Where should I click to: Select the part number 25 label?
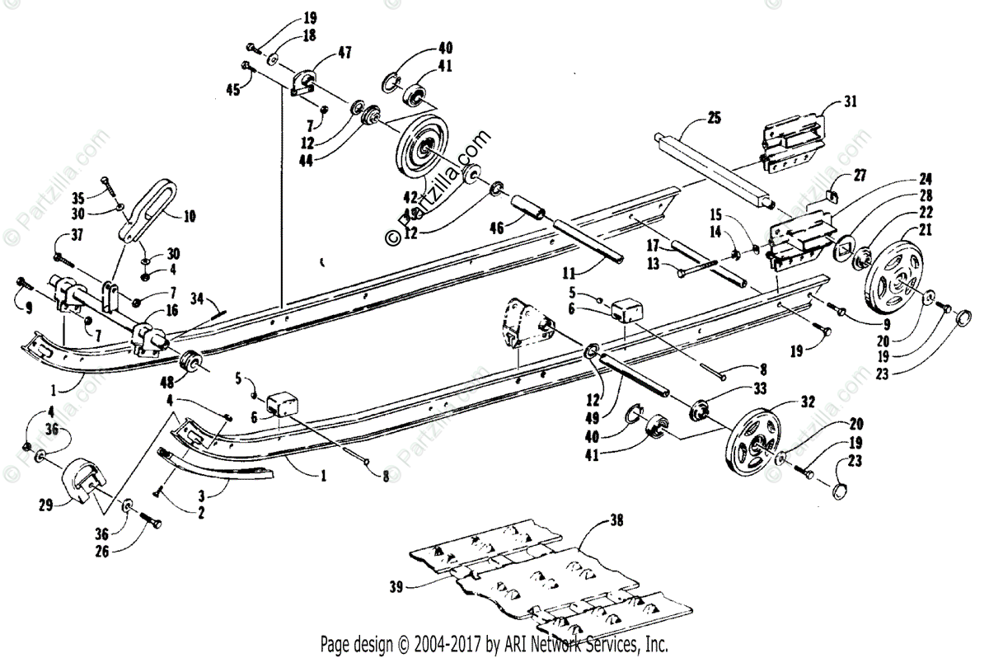pos(714,119)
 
